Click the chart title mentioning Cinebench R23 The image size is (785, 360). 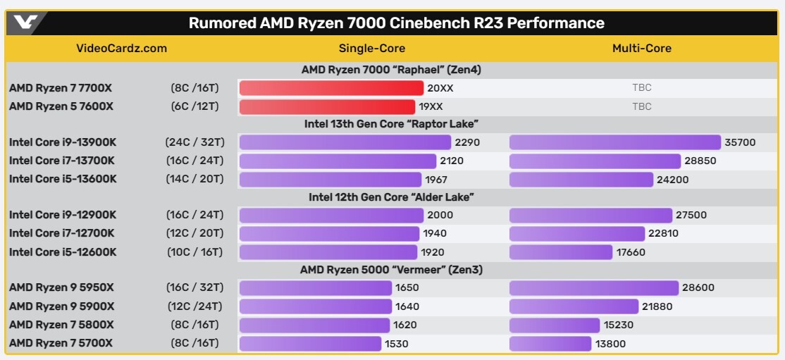click(396, 23)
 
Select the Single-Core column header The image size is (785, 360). click(372, 49)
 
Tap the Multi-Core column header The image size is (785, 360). click(641, 49)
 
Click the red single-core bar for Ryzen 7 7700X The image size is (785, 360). click(331, 88)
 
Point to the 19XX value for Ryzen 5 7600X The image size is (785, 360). click(431, 107)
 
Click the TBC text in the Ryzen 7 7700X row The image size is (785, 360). click(641, 88)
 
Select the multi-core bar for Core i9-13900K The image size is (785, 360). click(615, 142)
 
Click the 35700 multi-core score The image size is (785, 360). click(740, 142)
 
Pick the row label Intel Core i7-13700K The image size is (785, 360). click(62, 161)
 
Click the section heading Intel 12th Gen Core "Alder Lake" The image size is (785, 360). click(391, 197)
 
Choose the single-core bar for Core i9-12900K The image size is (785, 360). click(332, 215)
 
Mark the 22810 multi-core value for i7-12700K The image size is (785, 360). click(665, 233)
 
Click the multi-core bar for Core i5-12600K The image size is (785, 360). click(561, 252)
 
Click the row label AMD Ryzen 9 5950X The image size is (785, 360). click(62, 287)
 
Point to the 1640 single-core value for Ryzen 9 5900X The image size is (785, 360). click(407, 306)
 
